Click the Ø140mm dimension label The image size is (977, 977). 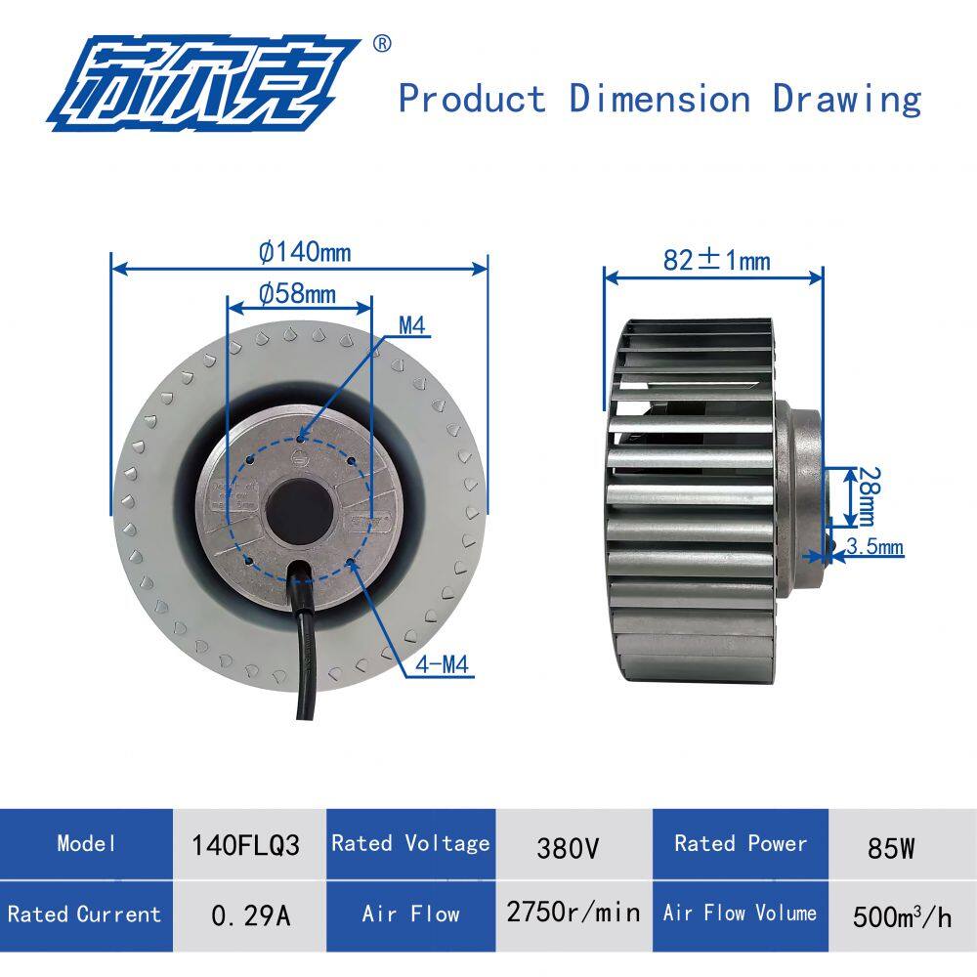305,252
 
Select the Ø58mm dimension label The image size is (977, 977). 297,293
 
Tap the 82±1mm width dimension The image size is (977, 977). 716,261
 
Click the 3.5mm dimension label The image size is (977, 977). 874,547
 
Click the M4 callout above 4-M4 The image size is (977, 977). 413,326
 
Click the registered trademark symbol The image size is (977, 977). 383,43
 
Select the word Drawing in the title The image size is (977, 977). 846,99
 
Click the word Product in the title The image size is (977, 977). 472,99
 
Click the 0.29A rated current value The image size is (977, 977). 250,915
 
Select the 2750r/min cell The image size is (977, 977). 573,913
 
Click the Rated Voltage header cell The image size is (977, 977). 410,843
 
